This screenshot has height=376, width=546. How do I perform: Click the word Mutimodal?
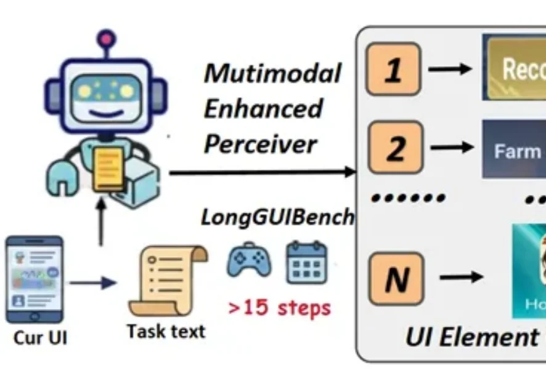[x=272, y=73]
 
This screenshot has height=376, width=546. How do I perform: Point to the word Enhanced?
[x=263, y=109]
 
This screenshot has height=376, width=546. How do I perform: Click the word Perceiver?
[x=260, y=145]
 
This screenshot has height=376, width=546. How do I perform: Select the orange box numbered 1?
[x=393, y=70]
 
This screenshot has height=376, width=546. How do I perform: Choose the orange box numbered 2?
[x=394, y=148]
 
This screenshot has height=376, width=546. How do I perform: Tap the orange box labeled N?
[x=395, y=279]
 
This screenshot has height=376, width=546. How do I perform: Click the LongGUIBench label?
[x=277, y=217]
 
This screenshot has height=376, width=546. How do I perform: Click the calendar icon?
[x=306, y=262]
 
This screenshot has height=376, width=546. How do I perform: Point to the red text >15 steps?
[x=279, y=307]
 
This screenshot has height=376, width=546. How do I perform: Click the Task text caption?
[x=166, y=331]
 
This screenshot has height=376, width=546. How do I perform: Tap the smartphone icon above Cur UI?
[x=34, y=280]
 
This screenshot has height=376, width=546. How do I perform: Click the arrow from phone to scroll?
[x=92, y=282]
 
